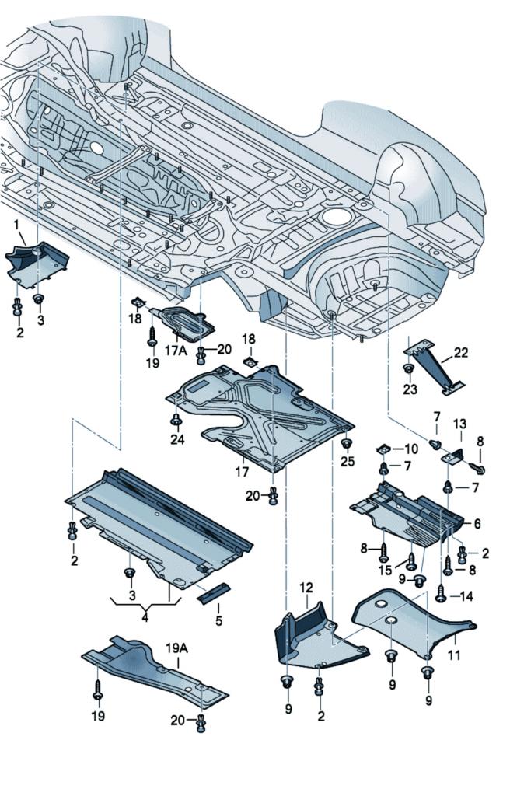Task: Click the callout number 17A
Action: (176, 351)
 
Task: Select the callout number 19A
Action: (176, 646)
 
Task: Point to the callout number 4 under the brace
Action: (144, 620)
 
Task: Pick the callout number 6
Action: (476, 524)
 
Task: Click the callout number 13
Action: (460, 424)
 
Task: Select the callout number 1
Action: (16, 225)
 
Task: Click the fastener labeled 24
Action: (176, 421)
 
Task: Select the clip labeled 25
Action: (346, 444)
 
